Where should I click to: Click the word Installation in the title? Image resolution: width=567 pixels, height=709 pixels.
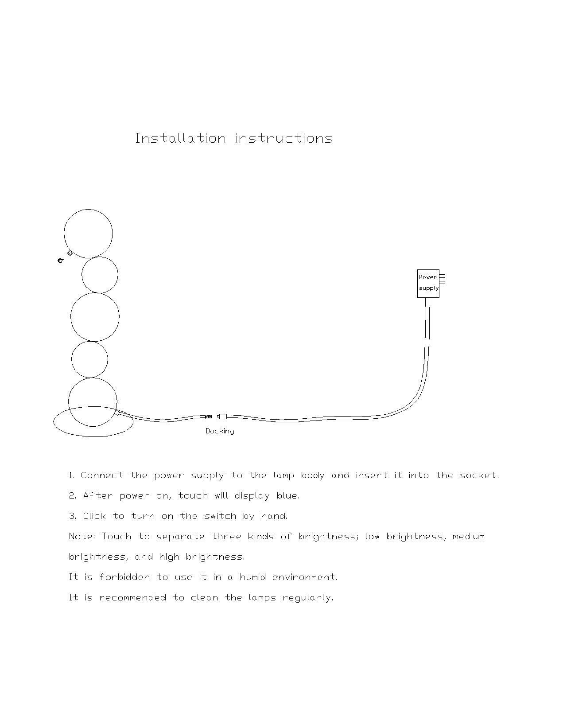180,138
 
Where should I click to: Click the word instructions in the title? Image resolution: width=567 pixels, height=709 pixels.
284,138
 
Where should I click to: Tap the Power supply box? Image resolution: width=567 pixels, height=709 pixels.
428,283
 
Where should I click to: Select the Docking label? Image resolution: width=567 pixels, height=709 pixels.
220,431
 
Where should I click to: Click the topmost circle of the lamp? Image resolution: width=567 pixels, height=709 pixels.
88,234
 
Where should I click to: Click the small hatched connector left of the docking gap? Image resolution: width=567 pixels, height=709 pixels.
208,417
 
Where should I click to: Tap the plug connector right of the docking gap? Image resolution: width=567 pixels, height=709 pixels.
222,417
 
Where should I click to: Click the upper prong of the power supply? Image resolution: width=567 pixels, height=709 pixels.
442,276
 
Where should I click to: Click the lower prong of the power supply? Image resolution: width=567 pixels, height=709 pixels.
442,282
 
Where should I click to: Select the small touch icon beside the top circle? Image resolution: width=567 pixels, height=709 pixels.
61,261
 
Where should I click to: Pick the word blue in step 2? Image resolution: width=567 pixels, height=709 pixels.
287,496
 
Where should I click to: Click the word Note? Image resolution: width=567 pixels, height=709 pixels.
82,537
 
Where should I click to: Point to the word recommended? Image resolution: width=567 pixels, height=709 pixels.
132,598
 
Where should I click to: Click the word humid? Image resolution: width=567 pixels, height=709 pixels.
252,577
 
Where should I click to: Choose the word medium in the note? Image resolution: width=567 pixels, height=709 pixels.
468,537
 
